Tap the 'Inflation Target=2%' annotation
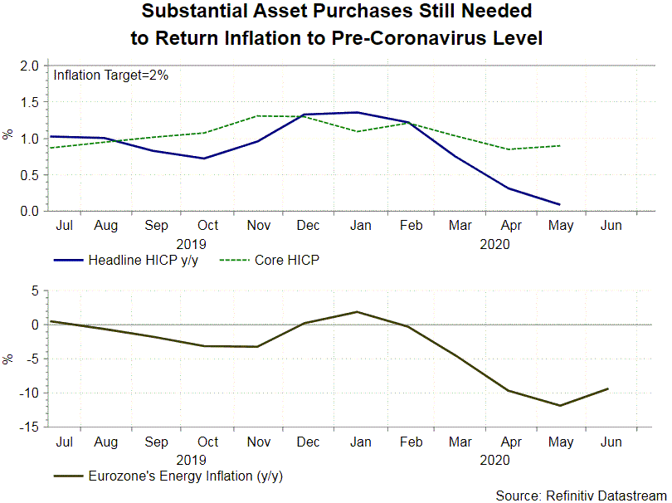click(x=111, y=76)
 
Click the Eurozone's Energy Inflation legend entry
click(x=173, y=476)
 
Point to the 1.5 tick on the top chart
click(x=32, y=102)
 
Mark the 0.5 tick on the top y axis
click(x=32, y=175)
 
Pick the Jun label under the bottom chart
click(x=610, y=442)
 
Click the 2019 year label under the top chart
click(x=192, y=244)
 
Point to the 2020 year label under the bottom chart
click(x=494, y=459)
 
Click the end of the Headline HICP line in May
click(x=559, y=204)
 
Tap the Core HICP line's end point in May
click(x=559, y=146)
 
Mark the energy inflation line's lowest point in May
click(x=560, y=406)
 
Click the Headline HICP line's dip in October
click(x=204, y=158)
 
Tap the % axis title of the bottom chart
click(x=9, y=359)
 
